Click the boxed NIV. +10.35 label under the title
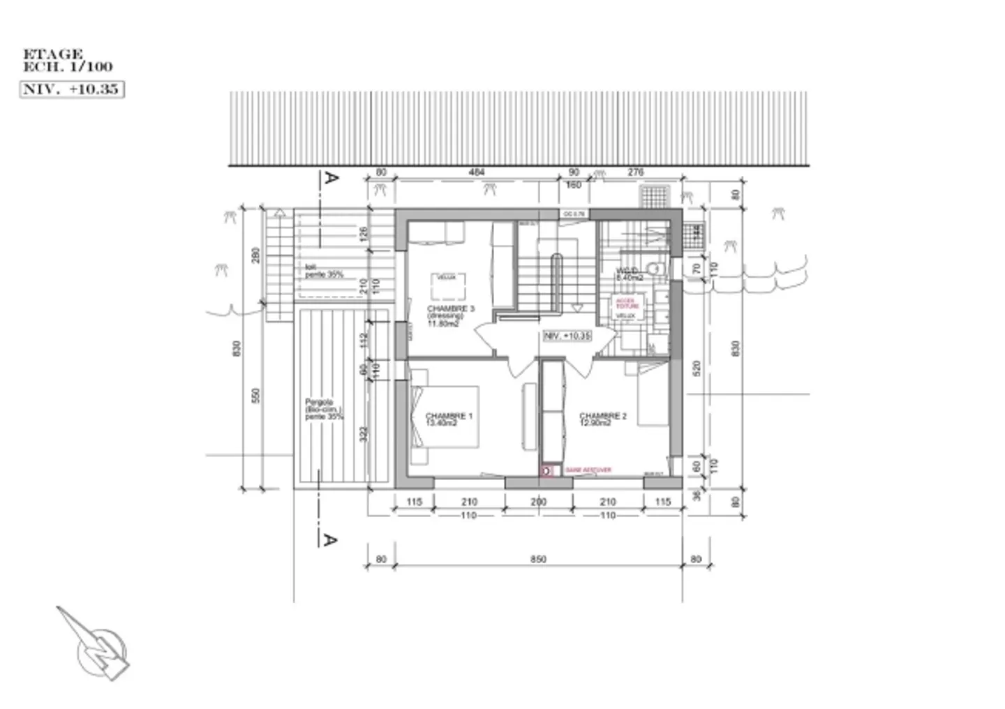(x=72, y=89)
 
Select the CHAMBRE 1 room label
(x=449, y=419)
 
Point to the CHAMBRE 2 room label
(x=603, y=419)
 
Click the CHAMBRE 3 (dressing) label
(x=450, y=315)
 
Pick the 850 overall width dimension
(x=538, y=559)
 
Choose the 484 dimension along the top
(x=477, y=172)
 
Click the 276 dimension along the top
(x=636, y=172)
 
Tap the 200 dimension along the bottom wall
(x=538, y=502)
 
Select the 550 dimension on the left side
(x=255, y=396)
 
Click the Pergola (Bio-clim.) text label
(x=324, y=409)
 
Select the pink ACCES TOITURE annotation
(x=626, y=304)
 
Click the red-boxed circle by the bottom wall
(x=548, y=471)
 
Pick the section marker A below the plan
(x=329, y=539)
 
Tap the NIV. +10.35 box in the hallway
(x=567, y=336)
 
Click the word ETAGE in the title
(x=53, y=54)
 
